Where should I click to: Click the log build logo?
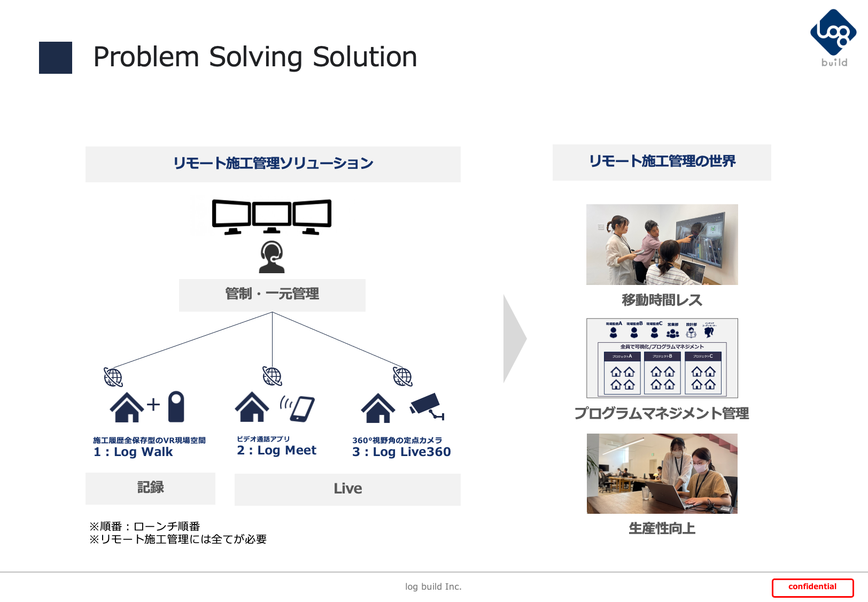833,37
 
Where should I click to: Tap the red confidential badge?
812,587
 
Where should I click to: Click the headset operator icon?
272,257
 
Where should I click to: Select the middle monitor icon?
272,215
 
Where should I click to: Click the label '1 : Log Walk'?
133,452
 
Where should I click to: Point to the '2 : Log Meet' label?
276,450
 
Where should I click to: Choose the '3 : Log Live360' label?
401,452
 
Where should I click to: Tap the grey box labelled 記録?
150,488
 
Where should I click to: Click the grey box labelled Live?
347,489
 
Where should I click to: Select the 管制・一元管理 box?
272,295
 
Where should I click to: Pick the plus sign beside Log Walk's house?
153,404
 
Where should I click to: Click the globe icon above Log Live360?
402,376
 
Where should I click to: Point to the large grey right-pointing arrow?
514,338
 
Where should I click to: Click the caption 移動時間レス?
662,300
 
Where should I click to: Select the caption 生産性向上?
662,529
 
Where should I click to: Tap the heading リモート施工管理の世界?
662,161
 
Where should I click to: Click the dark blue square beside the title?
56,58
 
